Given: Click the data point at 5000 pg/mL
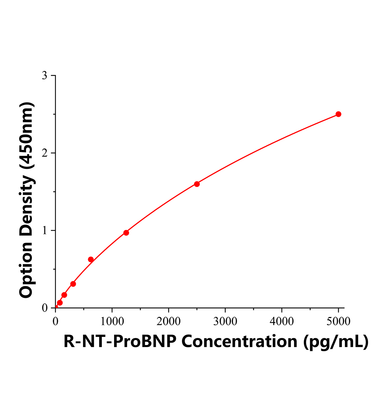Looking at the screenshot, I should click(x=338, y=114).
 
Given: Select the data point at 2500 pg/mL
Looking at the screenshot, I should click(x=197, y=184).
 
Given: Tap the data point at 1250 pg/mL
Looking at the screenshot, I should click(x=126, y=233).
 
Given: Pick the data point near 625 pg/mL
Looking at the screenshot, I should click(x=91, y=259).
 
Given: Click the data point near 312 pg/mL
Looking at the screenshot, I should click(x=73, y=284).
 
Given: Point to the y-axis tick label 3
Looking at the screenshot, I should click(x=44, y=76).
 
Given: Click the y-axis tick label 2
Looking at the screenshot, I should click(x=44, y=153).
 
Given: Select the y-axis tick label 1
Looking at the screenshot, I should click(x=44, y=231).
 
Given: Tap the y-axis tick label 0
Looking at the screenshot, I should click(x=44, y=308).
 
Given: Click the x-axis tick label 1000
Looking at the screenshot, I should click(x=112, y=321).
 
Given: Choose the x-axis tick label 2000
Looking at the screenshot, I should click(x=169, y=321).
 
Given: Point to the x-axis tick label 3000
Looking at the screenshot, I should click(x=225, y=321).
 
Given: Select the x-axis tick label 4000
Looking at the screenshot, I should click(x=282, y=321).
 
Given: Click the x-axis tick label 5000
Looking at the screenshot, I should click(x=338, y=321).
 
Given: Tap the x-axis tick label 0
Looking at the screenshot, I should click(x=56, y=321).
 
